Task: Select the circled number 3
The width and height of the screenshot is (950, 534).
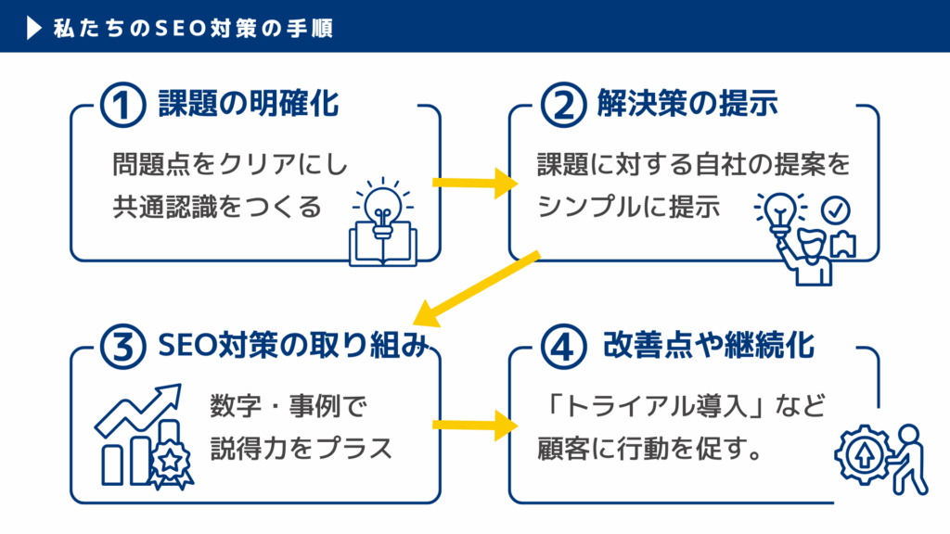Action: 121,348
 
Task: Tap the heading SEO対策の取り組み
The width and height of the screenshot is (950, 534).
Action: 293,348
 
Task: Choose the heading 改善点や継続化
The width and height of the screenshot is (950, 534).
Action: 709,348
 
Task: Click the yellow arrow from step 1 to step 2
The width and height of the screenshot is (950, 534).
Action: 473,183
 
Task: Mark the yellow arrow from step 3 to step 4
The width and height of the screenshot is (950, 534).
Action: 473,426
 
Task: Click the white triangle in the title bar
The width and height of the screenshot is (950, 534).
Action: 34,27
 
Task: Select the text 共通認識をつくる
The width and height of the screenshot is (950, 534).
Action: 218,205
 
